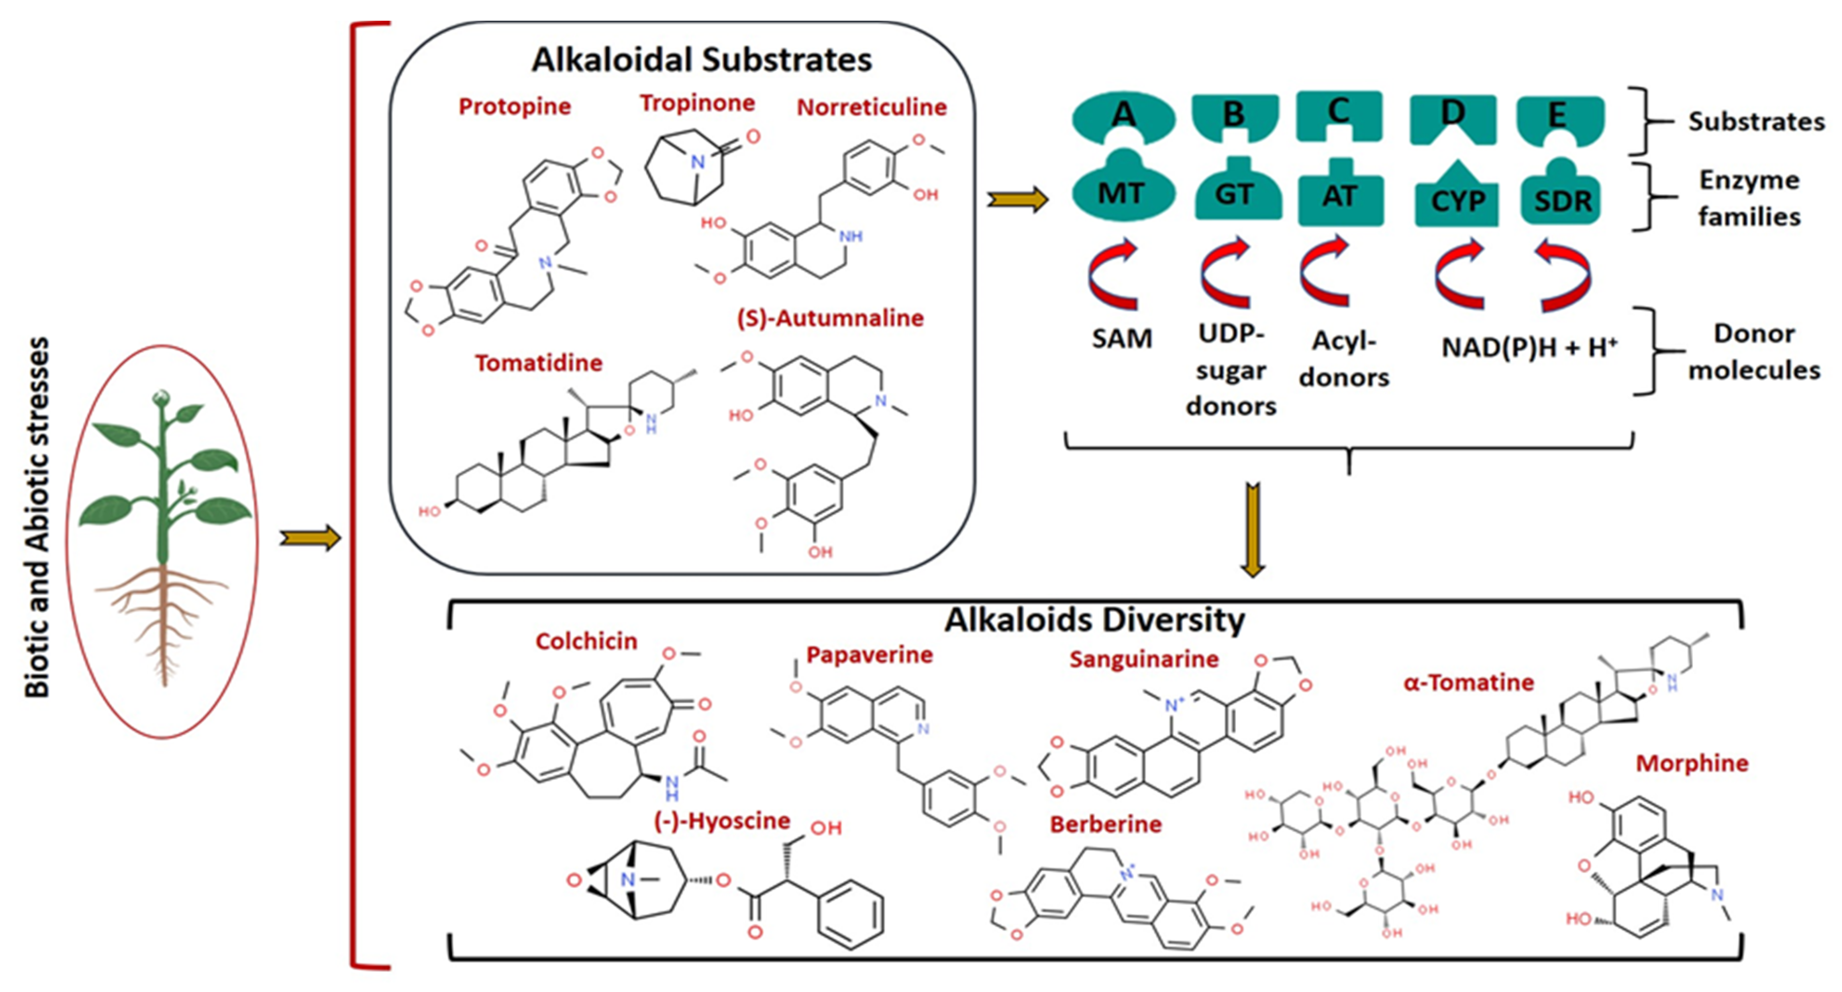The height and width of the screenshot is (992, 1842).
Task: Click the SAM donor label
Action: (1121, 338)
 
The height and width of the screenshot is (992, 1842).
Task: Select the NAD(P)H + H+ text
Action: (1528, 348)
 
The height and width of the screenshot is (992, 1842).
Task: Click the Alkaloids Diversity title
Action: (1094, 619)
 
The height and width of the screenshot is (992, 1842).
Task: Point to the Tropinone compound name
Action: (697, 103)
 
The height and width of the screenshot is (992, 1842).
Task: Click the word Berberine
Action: (1106, 824)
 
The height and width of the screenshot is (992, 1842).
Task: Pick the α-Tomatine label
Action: (1469, 682)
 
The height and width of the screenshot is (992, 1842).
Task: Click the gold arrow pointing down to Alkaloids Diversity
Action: (1252, 529)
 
